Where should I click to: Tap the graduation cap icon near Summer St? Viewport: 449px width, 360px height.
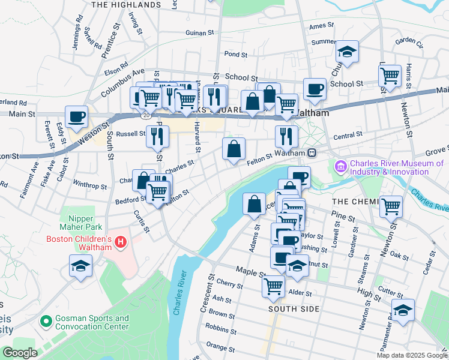[x=347, y=52]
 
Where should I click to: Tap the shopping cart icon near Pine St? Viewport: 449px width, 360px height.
[x=391, y=206]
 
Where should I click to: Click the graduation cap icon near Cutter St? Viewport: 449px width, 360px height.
[x=403, y=309]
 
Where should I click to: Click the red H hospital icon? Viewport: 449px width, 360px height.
[x=121, y=242]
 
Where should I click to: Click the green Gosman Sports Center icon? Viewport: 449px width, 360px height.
[x=44, y=322]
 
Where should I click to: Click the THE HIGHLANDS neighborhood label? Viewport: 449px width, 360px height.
[x=125, y=4]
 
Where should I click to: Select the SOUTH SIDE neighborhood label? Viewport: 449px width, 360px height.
[x=294, y=309]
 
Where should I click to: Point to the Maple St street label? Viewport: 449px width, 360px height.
[x=250, y=272]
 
